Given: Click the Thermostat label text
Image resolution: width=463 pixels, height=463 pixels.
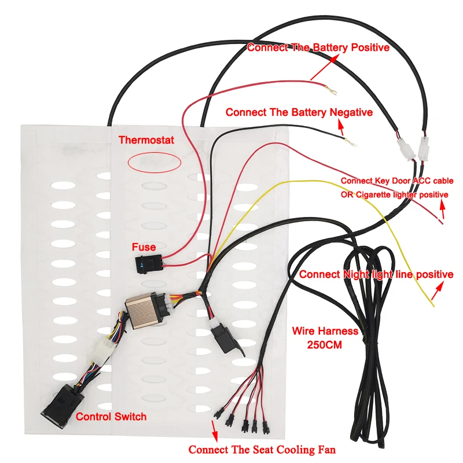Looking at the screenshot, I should coord(146,139).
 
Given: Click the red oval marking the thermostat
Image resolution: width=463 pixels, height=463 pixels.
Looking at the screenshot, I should coord(154,161).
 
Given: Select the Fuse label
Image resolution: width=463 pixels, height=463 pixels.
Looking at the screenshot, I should coord(144,247).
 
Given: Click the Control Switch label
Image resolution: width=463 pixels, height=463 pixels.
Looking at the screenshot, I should coord(111,416).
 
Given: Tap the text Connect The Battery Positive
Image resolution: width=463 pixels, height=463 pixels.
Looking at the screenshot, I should coord(318,47).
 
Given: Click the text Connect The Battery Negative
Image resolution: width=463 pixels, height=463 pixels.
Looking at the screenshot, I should coord(299,112).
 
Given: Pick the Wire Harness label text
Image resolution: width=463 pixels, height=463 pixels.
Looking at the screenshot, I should coord(325,332).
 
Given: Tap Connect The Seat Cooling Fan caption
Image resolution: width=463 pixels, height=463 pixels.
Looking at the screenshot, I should coord(262,449).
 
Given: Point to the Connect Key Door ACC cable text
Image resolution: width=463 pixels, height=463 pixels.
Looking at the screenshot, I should coord(397,181).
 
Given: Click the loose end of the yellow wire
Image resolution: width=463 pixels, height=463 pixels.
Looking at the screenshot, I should coord(431,304).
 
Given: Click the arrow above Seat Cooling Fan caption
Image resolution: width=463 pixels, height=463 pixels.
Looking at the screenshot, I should coord(215,430).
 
